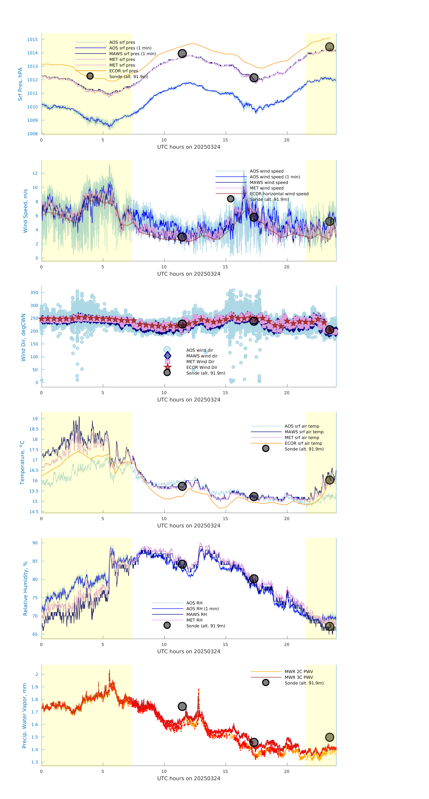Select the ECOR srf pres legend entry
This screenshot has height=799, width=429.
tap(123, 71)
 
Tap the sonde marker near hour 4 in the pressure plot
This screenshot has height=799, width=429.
tap(90, 76)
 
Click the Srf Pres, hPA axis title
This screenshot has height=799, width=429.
tap(20, 84)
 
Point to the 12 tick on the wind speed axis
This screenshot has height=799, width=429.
tap(35, 173)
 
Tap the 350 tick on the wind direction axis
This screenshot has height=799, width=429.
tap(34, 292)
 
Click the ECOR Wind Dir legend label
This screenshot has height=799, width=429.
tap(202, 367)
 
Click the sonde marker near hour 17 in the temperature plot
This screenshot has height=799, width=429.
tap(254, 497)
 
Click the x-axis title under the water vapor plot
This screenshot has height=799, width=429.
tap(189, 778)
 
